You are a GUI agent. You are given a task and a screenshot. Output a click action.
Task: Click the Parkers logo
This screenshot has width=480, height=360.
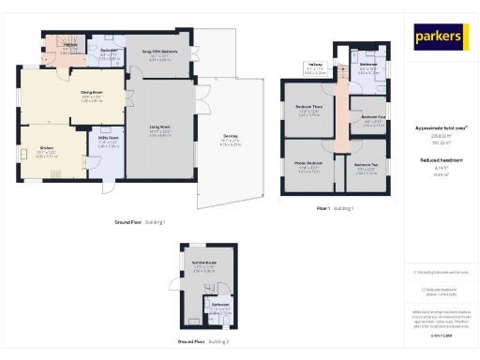441,37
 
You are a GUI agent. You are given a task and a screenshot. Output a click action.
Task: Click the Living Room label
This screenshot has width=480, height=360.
159,132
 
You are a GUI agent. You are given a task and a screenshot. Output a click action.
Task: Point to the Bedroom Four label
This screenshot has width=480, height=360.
372,118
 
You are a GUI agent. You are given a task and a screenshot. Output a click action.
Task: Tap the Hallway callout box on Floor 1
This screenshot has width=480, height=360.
317,68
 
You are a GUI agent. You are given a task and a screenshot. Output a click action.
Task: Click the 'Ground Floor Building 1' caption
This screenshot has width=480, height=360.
140,223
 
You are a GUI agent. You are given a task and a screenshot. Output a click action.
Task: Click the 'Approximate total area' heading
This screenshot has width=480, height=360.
441,127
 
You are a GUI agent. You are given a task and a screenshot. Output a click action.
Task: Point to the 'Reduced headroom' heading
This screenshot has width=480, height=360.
441,160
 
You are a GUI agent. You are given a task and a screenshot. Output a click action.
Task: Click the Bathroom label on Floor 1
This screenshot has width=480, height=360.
367,67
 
